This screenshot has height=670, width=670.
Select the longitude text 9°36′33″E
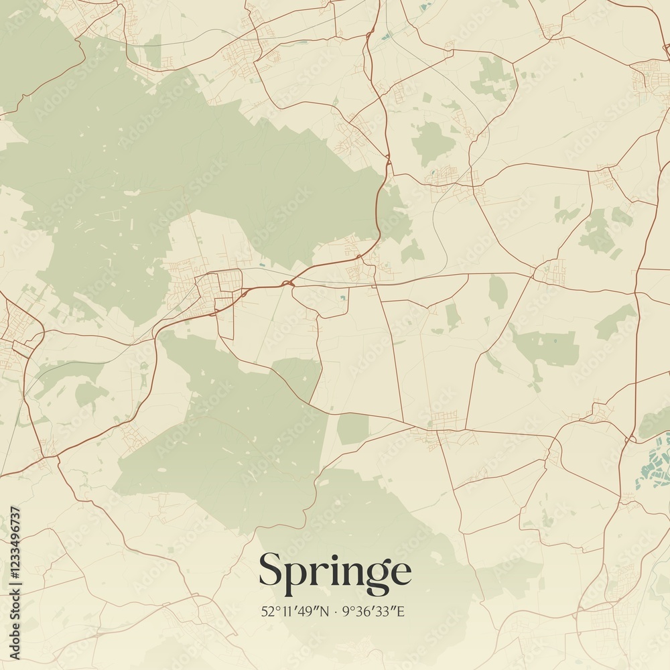pos(373,611)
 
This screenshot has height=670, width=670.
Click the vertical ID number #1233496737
pos(15,543)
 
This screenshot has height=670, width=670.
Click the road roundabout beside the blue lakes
pos(627,440)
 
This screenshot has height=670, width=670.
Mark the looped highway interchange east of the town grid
pos(288,284)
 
